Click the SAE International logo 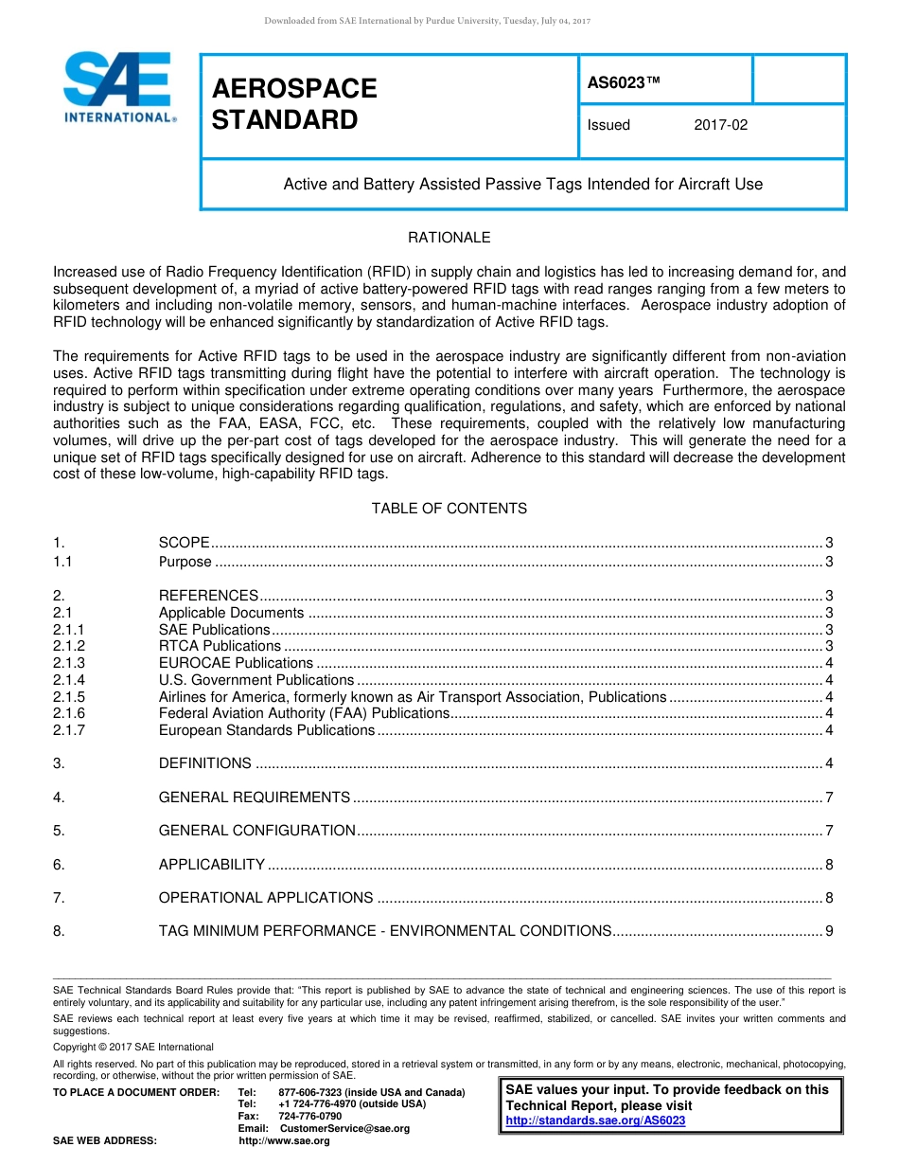(118, 87)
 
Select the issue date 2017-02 (720, 125)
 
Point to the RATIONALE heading (449, 238)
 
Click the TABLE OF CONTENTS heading (449, 509)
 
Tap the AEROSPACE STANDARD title (294, 104)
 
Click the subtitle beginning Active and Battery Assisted (522, 185)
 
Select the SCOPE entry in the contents (184, 543)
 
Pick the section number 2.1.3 (69, 663)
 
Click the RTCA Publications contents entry (206, 646)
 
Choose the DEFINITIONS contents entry (204, 763)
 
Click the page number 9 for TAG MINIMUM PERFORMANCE (829, 931)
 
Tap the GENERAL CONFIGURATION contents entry (256, 831)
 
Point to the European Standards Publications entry (266, 730)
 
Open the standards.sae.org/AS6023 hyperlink (595, 1120)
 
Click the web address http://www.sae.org (284, 1140)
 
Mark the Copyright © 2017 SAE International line (133, 1047)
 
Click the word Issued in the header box (608, 125)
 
